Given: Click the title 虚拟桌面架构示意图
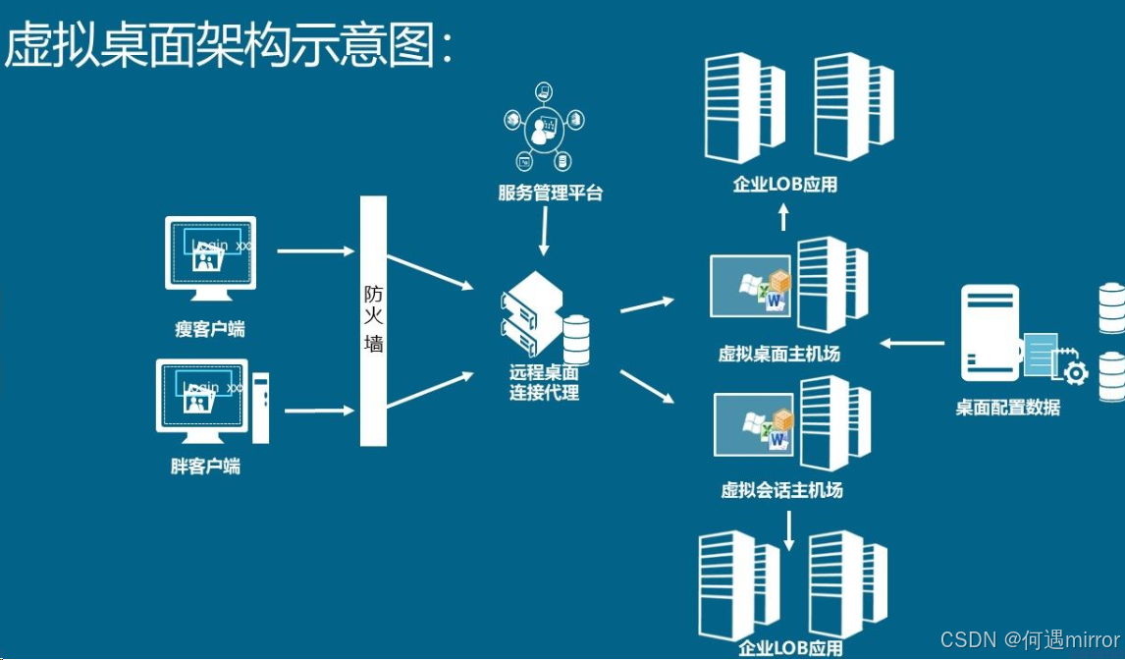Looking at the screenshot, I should (230, 44).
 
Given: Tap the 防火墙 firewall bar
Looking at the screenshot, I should (373, 320).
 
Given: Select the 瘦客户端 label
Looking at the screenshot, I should (209, 329).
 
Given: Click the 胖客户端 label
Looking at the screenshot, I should (205, 467).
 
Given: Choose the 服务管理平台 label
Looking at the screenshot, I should (550, 193).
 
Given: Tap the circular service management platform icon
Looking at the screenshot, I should (543, 128).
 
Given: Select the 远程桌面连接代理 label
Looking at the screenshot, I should (544, 383).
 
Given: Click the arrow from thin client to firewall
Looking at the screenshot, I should (316, 250).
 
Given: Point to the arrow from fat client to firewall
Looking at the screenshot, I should (316, 410).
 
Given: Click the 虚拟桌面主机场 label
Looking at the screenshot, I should (779, 354).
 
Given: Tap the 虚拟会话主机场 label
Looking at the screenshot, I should (781, 490).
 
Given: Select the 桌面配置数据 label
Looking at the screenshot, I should (1007, 408).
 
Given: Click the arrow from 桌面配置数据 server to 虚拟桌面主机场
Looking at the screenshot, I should (912, 343).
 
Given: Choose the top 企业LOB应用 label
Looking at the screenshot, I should (784, 184).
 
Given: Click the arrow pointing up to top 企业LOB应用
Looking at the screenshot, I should (783, 217).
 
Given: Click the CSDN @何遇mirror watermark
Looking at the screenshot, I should (1029, 640).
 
